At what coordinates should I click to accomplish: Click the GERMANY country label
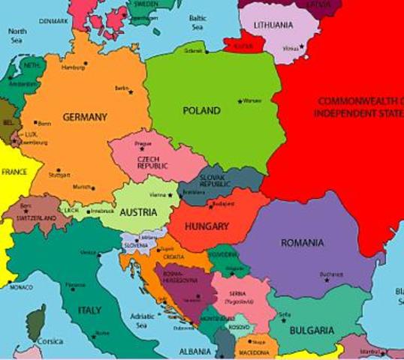click(x=85, y=117)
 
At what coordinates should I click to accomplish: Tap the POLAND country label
click(x=201, y=111)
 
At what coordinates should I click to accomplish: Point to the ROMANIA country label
click(x=303, y=242)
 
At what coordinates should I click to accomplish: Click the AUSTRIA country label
click(x=138, y=212)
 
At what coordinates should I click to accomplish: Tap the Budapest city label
click(x=224, y=203)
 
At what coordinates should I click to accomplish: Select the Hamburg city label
click(x=73, y=67)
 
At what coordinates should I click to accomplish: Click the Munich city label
click(x=82, y=187)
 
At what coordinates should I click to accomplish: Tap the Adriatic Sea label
click(x=142, y=321)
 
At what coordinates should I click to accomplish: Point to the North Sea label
click(x=17, y=36)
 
